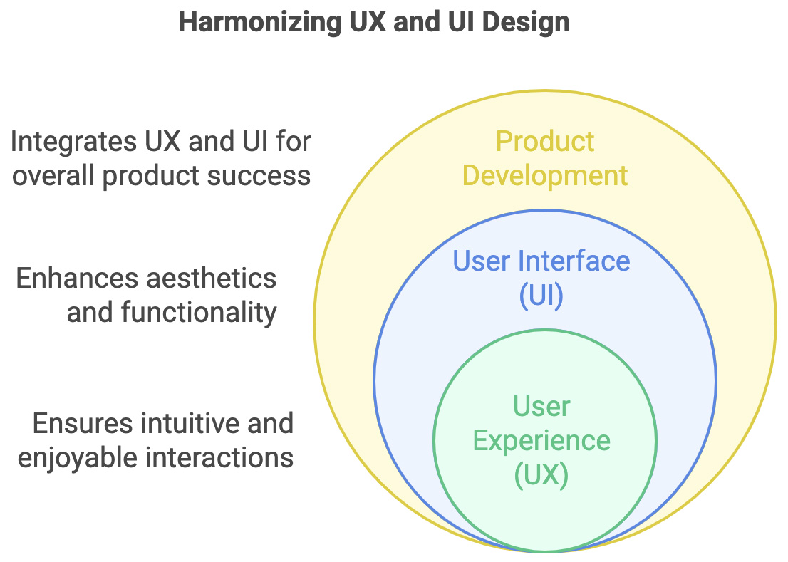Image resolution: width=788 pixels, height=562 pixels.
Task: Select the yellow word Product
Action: pos(545,141)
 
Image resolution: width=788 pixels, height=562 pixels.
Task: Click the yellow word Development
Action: pos(545,176)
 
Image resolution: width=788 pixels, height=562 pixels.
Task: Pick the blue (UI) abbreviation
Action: pos(541,296)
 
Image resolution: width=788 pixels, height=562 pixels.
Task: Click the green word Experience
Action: pos(541,442)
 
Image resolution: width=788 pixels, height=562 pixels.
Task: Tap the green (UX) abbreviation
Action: pos(541,474)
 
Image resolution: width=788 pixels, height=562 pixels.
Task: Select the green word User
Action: pos(541,406)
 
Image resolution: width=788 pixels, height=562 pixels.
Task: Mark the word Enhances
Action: pos(77,279)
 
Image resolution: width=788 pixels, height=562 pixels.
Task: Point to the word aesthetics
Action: pos(211,279)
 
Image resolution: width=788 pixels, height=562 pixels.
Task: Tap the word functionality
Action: pos(199,313)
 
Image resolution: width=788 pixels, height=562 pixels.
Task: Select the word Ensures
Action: pos(83,423)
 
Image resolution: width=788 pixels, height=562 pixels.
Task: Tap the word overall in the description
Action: pos(53,176)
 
